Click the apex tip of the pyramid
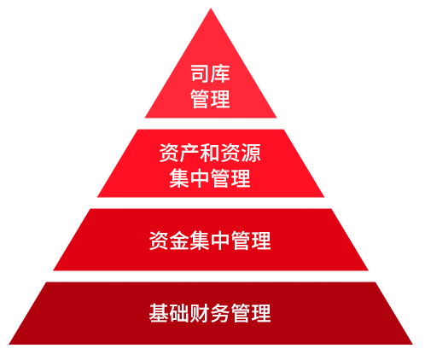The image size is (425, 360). (211, 9)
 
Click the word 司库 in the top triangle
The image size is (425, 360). (210, 73)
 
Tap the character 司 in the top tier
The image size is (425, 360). (201, 73)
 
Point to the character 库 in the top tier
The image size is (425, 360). (220, 73)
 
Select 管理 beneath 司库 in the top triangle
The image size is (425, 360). (210, 99)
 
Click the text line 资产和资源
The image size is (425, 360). (210, 153)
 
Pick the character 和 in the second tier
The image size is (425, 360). (210, 153)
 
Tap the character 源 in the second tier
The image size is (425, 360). (251, 153)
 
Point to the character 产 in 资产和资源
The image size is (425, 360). (189, 153)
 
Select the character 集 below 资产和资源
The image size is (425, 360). (179, 178)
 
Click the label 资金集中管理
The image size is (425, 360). (210, 241)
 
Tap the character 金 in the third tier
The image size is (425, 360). (179, 241)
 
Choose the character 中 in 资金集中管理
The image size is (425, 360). (220, 241)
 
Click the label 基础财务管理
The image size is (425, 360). (210, 313)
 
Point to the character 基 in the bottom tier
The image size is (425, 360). (159, 313)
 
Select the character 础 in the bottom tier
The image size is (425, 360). (179, 313)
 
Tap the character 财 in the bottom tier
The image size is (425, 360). (200, 313)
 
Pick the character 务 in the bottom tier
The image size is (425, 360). (220, 313)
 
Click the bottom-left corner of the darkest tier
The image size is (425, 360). (9, 345)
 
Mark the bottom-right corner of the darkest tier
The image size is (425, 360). (412, 345)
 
